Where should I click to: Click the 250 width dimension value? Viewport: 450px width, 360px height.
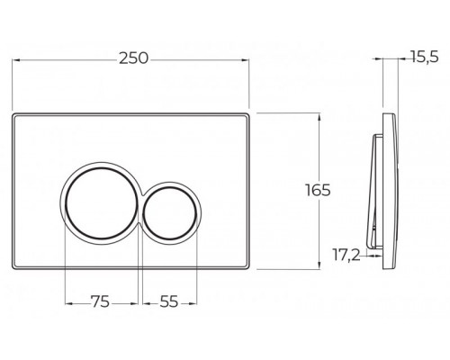[134, 58]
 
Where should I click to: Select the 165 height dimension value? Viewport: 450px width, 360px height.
[318, 190]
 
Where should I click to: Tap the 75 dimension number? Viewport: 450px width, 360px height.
[101, 301]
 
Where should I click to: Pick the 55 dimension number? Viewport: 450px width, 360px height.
[169, 301]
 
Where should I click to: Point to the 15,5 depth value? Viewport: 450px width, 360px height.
[425, 57]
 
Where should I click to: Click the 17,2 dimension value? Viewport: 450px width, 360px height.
[346, 256]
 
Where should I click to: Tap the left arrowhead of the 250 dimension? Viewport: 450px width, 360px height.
[16, 60]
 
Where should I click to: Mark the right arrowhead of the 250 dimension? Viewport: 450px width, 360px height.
[245, 60]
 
